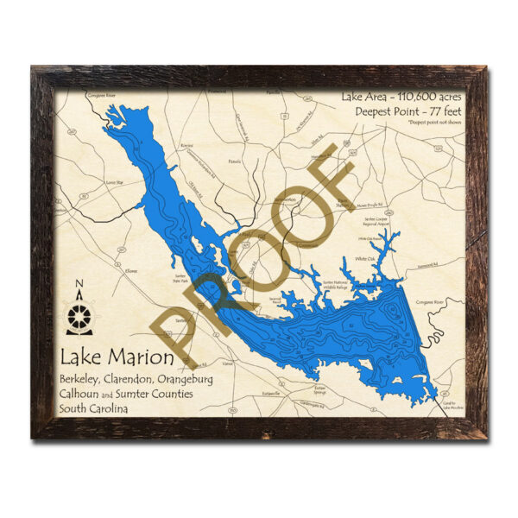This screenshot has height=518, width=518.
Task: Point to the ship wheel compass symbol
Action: [x=79, y=315]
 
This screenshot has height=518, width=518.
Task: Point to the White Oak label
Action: [x=366, y=259]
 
